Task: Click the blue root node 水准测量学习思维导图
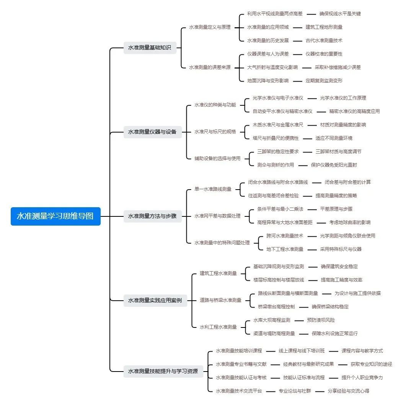55,216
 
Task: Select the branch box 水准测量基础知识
150,48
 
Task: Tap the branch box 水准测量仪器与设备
152,132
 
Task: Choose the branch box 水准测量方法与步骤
152,216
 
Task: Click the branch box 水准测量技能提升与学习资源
163,371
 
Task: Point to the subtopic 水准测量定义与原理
210,27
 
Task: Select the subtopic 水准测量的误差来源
210,67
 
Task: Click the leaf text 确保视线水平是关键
340,14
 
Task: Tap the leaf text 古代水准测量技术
324,41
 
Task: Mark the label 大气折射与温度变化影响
272,67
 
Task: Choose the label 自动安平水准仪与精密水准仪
282,111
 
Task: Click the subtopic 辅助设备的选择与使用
217,158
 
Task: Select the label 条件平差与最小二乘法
280,209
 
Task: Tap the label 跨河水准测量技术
285,236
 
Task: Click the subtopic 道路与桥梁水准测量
221,300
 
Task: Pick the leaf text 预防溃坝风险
321,320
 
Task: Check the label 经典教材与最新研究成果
308,364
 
